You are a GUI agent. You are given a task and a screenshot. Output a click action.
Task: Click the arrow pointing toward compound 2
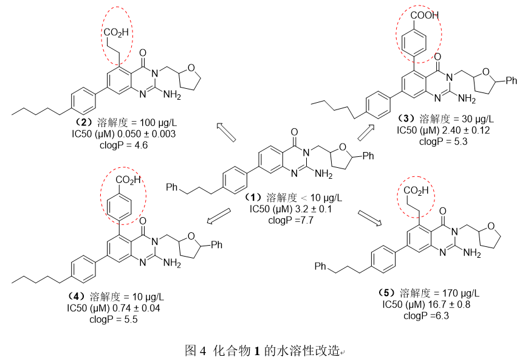click(225, 131)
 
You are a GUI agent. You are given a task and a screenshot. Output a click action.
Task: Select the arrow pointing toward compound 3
click(366, 131)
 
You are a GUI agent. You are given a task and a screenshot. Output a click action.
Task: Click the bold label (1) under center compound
click(252, 198)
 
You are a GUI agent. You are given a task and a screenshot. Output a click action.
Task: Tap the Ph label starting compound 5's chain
click(321, 266)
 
